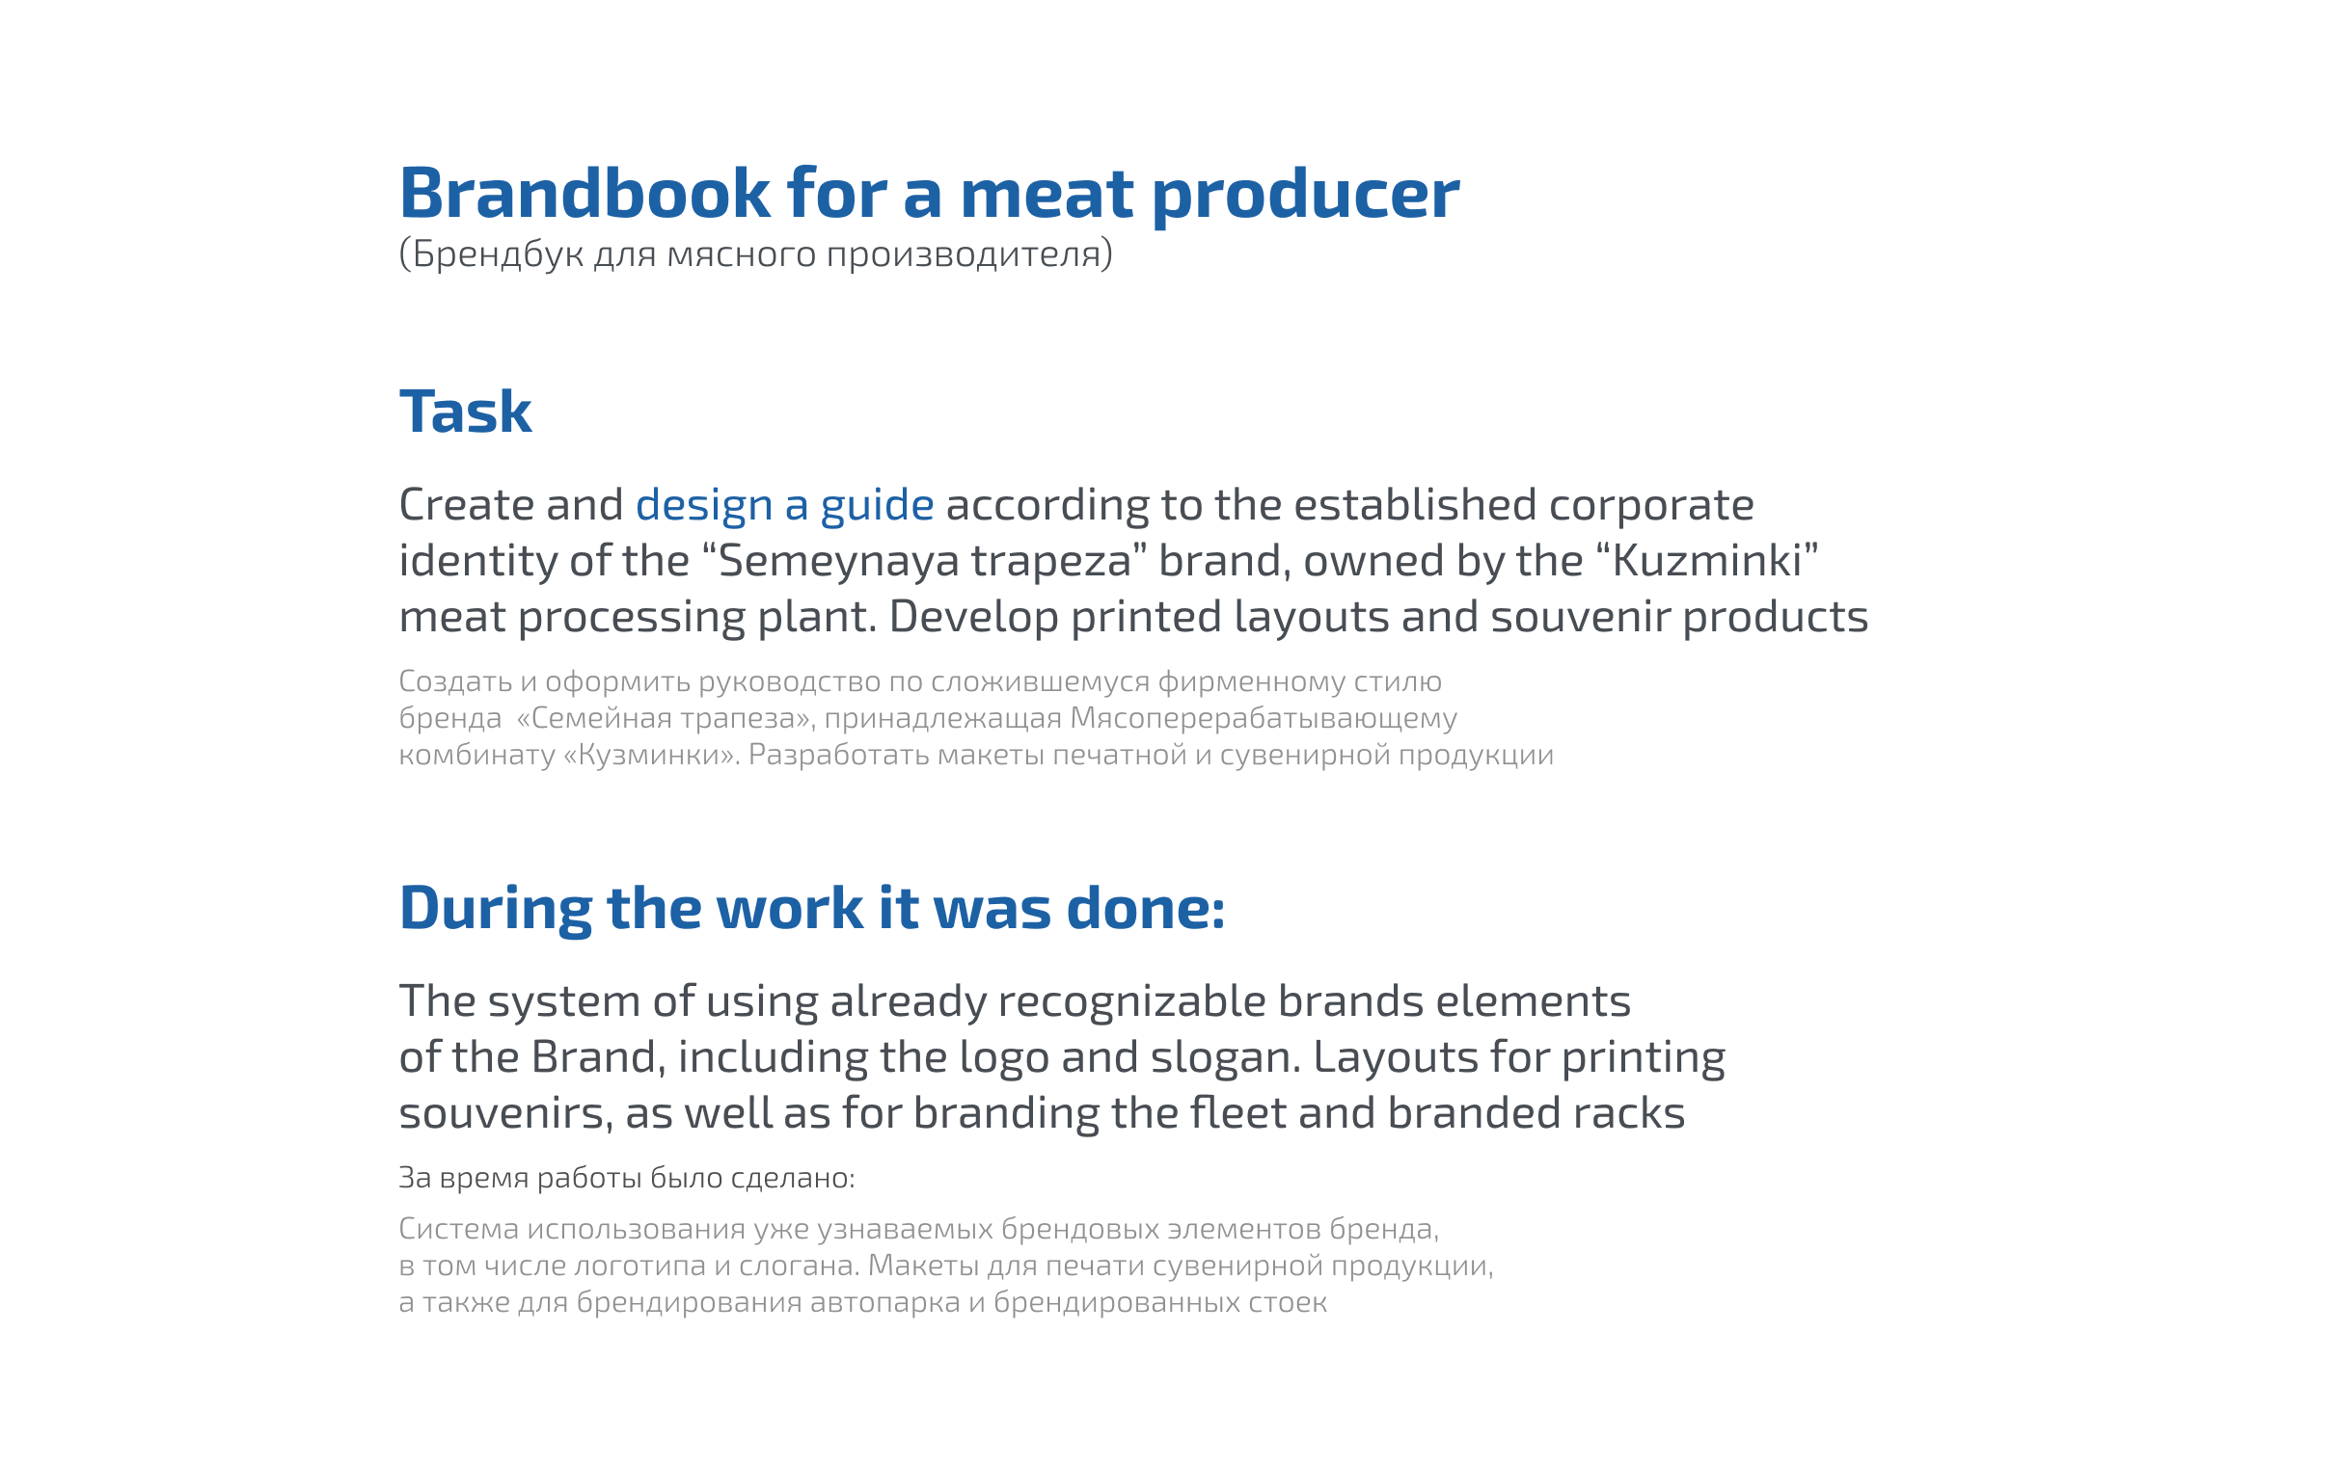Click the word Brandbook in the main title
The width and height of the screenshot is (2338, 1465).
coord(584,194)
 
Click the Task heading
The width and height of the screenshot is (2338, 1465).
coord(465,411)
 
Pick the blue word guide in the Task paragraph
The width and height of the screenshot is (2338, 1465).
coord(876,506)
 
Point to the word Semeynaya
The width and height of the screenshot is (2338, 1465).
coord(839,562)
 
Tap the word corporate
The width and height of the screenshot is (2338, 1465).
coord(1650,506)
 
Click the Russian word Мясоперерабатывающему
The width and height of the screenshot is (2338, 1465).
coord(1263,718)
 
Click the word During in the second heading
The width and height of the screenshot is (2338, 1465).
coord(496,909)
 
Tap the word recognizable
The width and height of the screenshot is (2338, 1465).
coord(1131,1000)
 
